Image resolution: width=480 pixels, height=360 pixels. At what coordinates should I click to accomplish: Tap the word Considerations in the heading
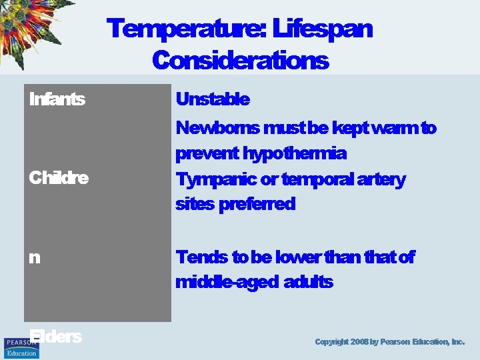click(x=240, y=61)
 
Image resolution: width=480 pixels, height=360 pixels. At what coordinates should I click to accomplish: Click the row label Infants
click(x=57, y=100)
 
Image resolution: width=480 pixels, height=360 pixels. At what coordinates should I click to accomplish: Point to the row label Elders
click(x=55, y=337)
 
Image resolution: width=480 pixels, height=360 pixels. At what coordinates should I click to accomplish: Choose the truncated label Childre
click(x=59, y=179)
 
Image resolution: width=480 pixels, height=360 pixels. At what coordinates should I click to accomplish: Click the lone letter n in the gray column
click(x=34, y=257)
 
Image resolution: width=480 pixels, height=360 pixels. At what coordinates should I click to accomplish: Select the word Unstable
click(x=212, y=100)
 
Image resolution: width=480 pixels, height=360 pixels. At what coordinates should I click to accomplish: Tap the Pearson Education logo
click(x=21, y=347)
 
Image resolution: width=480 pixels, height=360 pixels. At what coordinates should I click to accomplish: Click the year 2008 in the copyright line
click(x=360, y=342)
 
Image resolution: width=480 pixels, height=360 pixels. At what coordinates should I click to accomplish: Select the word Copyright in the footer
click(x=331, y=342)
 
